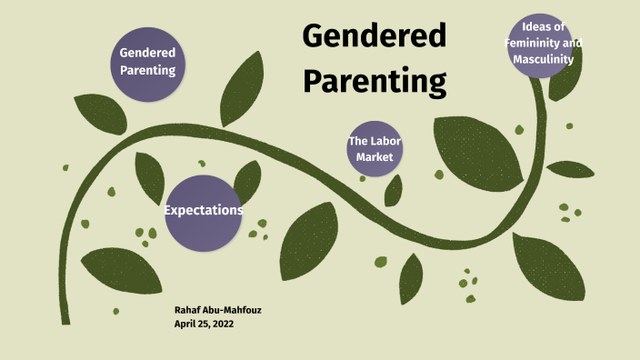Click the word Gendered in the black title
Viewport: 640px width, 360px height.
pyautogui.click(x=374, y=36)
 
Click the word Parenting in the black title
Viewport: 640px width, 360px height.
pyautogui.click(x=374, y=80)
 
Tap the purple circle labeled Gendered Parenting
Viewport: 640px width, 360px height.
pyautogui.click(x=147, y=61)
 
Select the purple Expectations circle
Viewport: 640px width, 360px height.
pyautogui.click(x=203, y=212)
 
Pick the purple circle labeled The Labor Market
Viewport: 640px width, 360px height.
pyautogui.click(x=374, y=148)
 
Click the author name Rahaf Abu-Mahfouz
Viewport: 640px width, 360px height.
pyautogui.click(x=217, y=311)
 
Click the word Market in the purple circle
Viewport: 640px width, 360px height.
pyautogui.click(x=374, y=157)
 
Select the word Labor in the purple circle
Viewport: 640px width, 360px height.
pyautogui.click(x=385, y=141)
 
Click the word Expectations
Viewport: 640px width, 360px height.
pyautogui.click(x=203, y=211)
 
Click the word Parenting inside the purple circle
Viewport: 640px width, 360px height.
pyautogui.click(x=147, y=70)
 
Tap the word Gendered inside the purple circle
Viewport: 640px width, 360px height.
pyautogui.click(x=147, y=53)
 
